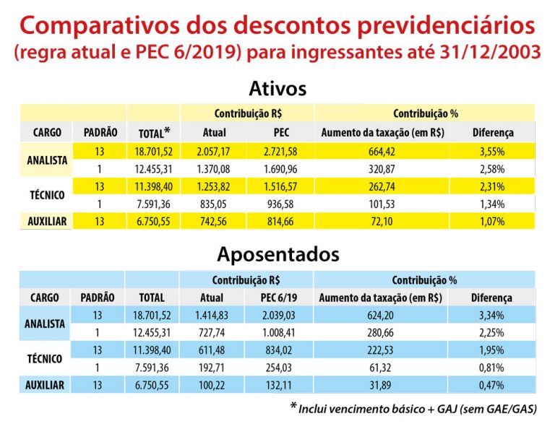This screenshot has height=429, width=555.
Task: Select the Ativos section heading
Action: (x=277, y=88)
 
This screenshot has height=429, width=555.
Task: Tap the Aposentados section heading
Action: (x=277, y=254)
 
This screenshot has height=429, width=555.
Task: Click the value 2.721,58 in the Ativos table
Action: (x=281, y=152)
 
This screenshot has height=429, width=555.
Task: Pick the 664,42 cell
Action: (x=381, y=152)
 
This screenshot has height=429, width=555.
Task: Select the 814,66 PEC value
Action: (x=281, y=221)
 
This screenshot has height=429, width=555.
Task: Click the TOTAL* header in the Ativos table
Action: (x=154, y=133)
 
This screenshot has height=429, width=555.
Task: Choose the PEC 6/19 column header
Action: (x=281, y=298)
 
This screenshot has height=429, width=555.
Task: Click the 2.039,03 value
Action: (x=281, y=316)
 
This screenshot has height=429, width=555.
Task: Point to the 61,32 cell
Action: (x=380, y=368)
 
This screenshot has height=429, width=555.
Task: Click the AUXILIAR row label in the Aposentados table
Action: (x=46, y=385)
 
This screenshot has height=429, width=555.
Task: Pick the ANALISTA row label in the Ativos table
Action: (x=46, y=160)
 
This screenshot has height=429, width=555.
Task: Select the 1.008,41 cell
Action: (x=281, y=333)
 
